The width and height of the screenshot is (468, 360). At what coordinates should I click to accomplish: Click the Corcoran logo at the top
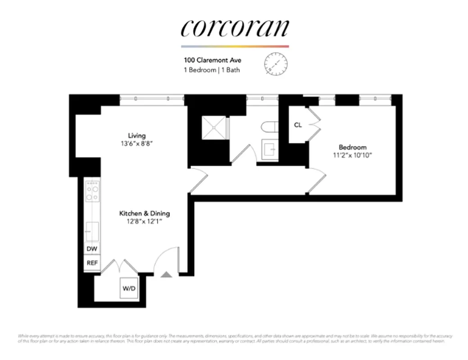[234, 28]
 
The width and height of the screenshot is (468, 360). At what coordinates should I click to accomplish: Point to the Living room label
[137, 135]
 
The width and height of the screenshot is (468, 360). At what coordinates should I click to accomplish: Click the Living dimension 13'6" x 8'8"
[137, 144]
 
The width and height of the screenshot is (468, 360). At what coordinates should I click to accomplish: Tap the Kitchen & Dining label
[144, 213]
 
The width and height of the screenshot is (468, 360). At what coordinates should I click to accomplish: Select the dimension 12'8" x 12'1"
[144, 222]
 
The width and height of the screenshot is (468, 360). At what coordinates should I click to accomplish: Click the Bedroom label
[352, 147]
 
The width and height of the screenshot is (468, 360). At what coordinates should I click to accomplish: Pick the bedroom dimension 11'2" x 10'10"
[352, 156]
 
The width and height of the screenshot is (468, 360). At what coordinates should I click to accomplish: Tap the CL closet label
[298, 125]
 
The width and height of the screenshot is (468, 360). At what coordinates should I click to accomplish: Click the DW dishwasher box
[91, 249]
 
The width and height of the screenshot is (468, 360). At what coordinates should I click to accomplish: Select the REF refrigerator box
[91, 264]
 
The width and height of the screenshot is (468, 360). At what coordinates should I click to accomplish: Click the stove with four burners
[92, 192]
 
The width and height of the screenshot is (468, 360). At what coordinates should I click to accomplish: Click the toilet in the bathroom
[269, 128]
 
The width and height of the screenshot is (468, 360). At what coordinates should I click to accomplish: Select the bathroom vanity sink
[270, 148]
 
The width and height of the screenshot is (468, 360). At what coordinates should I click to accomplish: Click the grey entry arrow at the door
[166, 274]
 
